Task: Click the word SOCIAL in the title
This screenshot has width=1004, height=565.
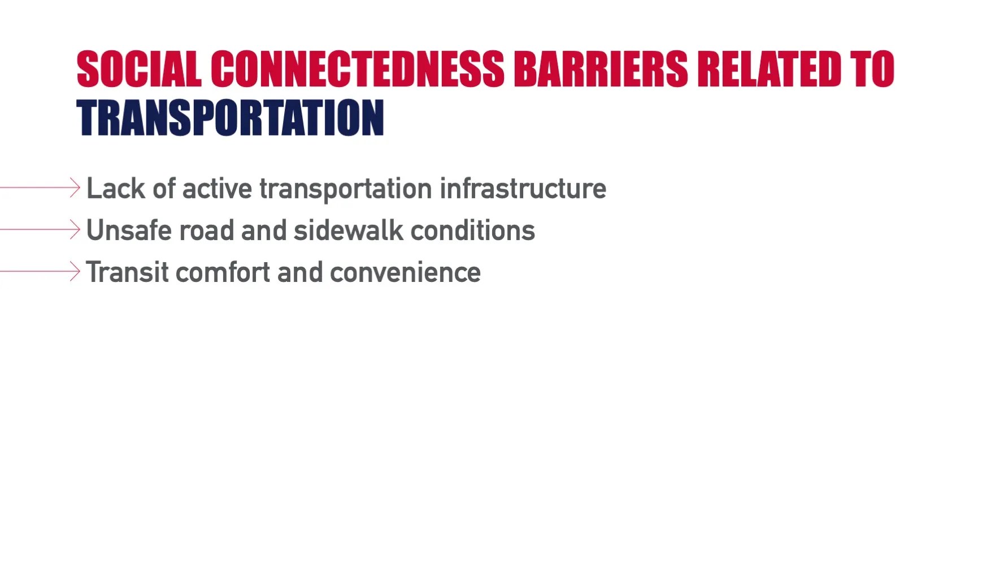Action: tap(139, 69)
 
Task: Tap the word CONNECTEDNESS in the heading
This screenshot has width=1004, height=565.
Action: tap(357, 69)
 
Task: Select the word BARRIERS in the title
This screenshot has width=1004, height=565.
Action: tap(601, 69)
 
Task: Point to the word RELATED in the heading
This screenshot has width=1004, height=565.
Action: tap(770, 69)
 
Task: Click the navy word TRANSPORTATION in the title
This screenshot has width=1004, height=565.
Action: tap(231, 118)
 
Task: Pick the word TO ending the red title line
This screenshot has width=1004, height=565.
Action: tap(873, 69)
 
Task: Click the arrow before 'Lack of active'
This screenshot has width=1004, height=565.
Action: tap(40, 188)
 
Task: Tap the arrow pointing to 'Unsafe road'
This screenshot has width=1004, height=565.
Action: tap(40, 229)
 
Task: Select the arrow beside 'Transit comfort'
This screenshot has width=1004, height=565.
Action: tap(40, 271)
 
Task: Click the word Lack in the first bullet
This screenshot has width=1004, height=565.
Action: tap(116, 188)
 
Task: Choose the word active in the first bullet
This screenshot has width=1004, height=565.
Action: tap(217, 189)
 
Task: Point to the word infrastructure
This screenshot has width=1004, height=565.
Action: tap(523, 189)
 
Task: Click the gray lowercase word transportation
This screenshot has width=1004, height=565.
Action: tap(346, 190)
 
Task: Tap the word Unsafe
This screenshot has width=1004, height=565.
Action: tap(129, 231)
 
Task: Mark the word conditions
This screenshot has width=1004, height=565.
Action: tap(472, 231)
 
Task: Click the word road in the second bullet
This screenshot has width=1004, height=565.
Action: tap(206, 231)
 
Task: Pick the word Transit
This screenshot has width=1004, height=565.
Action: tap(127, 272)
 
